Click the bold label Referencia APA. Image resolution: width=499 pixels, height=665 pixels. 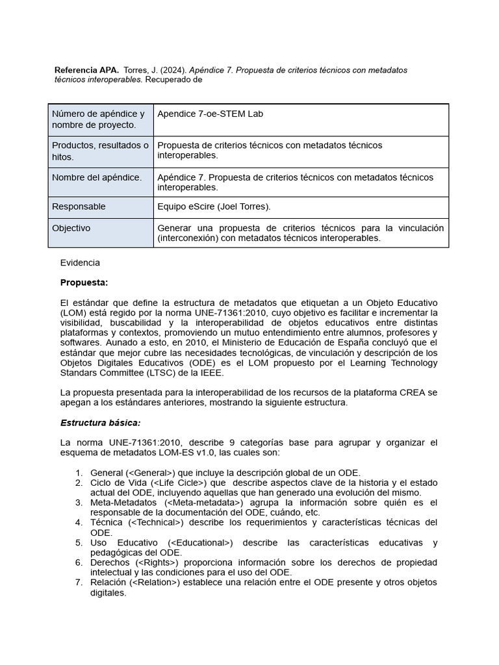(86, 70)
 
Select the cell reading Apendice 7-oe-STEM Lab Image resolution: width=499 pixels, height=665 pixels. (210, 114)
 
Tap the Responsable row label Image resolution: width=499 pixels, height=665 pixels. (79, 207)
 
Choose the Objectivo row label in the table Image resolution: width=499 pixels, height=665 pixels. (71, 228)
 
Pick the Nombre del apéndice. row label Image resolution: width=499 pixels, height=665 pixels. (97, 177)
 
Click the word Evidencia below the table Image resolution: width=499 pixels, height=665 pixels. (80, 263)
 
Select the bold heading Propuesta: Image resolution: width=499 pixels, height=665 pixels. (84, 282)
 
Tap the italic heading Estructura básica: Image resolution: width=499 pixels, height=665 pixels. (100, 423)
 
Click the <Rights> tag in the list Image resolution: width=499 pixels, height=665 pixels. (155, 562)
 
